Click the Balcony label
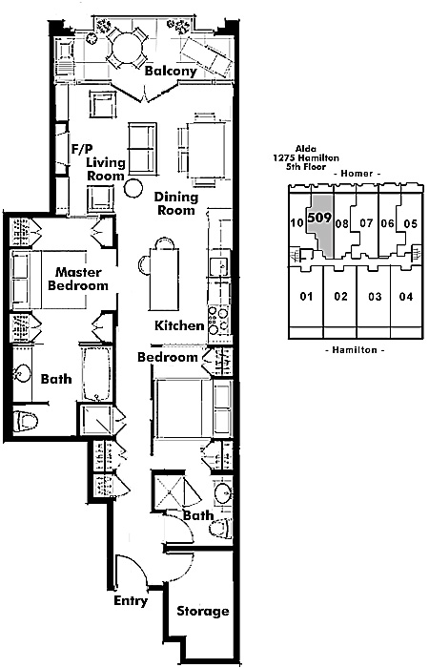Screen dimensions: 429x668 pos(171,71)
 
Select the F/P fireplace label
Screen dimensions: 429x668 pos(82,149)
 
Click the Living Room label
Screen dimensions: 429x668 pos(106,169)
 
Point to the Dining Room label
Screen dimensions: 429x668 pos(176,203)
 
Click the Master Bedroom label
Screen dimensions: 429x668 pos(78,279)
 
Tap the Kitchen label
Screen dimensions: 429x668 pos(179,326)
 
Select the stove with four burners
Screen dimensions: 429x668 pos(218,321)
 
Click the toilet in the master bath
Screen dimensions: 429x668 pos(26,422)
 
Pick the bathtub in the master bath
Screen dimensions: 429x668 pos(96,374)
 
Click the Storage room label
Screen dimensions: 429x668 pos(202,612)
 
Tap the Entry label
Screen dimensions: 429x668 pos(131,601)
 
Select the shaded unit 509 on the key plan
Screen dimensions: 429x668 pos(319,226)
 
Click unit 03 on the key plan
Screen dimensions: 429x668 pos(375,297)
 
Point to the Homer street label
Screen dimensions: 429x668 pos(357,174)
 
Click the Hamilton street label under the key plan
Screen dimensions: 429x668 pos(355,350)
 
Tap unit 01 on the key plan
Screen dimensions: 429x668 pos(306,297)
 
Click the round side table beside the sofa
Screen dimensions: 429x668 pos(133,187)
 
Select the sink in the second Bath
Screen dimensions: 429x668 pos(222,493)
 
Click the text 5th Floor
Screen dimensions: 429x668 pos(306,167)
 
